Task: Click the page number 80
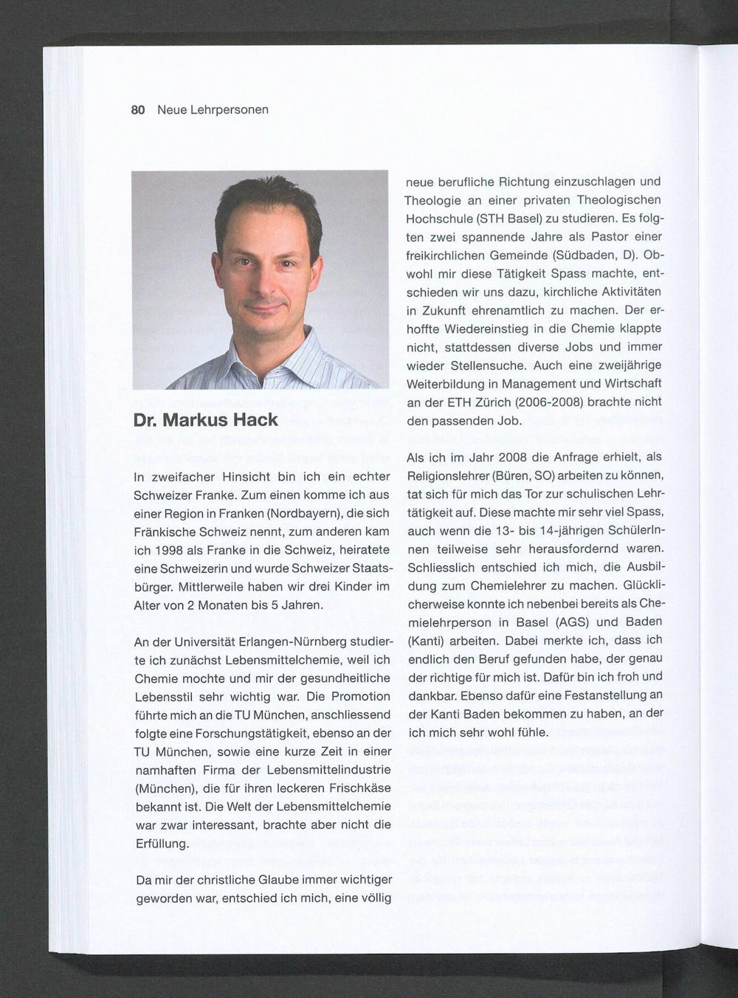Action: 137,110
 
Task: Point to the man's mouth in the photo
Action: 265,304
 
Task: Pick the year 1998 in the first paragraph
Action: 170,550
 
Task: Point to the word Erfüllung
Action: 162,843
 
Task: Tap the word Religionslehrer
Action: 449,475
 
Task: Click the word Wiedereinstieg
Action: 490,328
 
